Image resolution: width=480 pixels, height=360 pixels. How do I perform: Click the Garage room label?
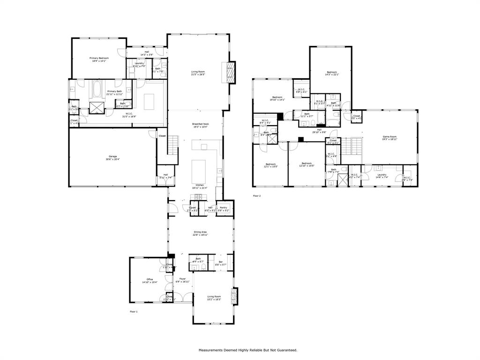[112, 157]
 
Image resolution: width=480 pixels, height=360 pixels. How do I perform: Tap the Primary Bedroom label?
[98, 59]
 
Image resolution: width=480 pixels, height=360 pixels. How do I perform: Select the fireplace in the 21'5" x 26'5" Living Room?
[230, 72]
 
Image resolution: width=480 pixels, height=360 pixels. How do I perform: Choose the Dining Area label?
[200, 233]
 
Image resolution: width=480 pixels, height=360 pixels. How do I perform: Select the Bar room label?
[220, 263]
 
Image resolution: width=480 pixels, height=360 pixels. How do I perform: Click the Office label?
[150, 281]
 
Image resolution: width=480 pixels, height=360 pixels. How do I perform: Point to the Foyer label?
[182, 280]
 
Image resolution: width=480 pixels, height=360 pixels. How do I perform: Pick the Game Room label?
[389, 138]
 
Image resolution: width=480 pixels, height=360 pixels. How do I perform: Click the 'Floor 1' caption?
[134, 311]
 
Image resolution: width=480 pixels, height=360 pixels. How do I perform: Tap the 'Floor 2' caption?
[256, 195]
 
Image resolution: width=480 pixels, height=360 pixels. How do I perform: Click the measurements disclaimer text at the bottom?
[247, 350]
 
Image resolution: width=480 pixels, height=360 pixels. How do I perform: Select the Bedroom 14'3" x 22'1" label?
[332, 74]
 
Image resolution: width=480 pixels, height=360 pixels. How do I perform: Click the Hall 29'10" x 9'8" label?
[319, 131]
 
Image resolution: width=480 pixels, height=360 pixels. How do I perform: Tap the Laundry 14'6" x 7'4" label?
[382, 176]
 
